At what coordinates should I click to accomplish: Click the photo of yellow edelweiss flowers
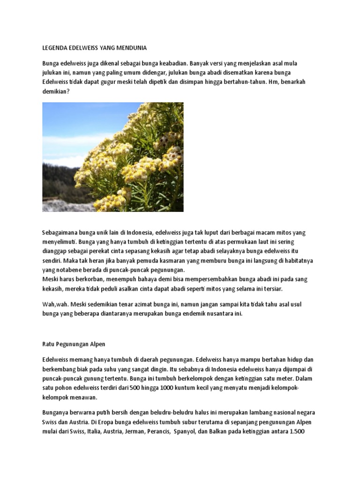113,157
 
